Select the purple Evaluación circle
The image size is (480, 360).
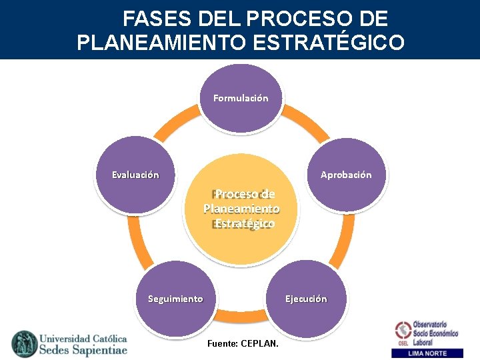135,175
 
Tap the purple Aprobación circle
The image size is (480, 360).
345,175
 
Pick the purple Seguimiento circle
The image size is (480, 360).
175,299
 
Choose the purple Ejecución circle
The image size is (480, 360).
306,299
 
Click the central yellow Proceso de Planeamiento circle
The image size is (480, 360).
241,209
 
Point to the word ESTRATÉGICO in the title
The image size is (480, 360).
328,43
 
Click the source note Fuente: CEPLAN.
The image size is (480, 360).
243,343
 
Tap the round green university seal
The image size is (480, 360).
25,343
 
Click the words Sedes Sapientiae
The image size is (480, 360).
83,350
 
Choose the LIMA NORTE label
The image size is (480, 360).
428,353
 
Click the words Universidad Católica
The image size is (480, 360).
83,337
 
